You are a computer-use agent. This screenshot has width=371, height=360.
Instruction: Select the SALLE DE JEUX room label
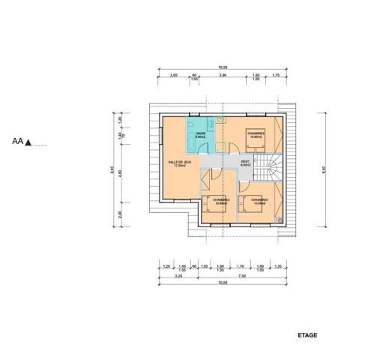point(180,163)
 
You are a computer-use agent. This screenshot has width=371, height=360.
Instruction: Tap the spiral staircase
point(268,169)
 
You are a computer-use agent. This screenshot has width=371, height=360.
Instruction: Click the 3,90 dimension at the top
point(222,76)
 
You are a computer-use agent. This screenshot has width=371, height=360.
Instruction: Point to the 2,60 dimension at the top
point(173,76)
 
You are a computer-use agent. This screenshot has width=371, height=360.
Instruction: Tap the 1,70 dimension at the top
point(276,76)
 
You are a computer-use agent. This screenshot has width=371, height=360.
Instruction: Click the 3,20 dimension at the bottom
point(177,275)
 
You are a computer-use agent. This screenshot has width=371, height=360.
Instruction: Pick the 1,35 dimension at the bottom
point(278,265)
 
